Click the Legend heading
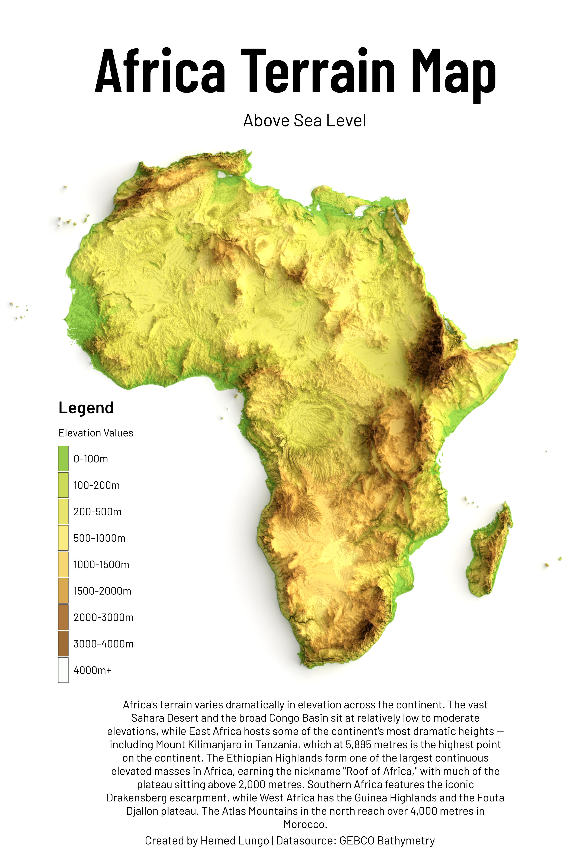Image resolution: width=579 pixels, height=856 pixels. (x=86, y=408)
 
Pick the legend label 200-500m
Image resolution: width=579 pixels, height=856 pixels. (x=97, y=512)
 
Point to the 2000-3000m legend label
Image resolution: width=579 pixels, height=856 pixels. (x=103, y=617)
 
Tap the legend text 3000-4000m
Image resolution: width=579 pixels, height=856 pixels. (x=103, y=644)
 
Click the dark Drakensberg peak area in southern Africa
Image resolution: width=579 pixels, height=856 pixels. (x=368, y=626)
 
